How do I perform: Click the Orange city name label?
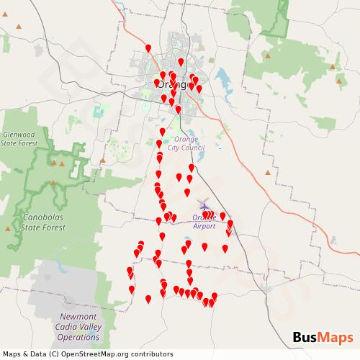click(171, 84)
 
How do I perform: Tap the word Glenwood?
click(19, 134)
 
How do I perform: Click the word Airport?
click(204, 225)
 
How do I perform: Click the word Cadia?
click(67, 326)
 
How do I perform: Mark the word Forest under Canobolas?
click(53, 227)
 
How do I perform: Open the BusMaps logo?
click(323, 338)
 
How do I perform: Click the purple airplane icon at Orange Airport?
click(204, 204)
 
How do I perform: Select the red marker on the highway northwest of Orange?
click(148, 49)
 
